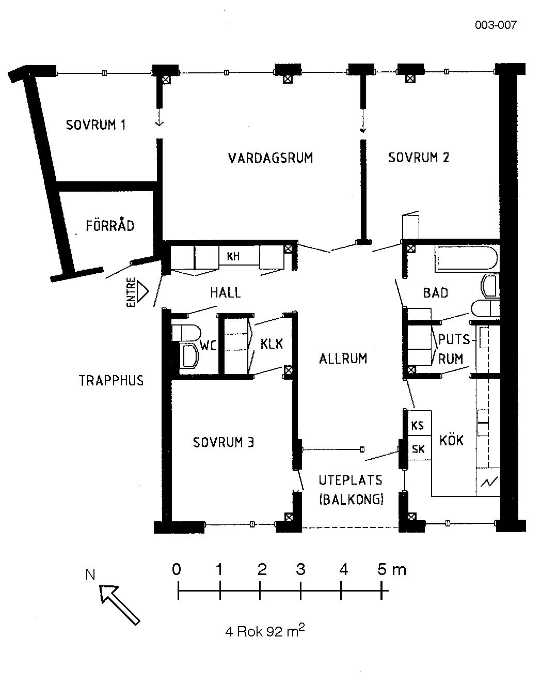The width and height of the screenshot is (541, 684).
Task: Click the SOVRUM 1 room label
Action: click(96, 125)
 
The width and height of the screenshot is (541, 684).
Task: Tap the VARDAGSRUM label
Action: click(270, 158)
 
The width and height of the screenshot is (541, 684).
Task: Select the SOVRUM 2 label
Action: click(418, 158)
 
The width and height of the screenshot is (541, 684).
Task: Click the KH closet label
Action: click(233, 256)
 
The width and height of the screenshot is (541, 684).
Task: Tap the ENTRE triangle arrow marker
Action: click(142, 292)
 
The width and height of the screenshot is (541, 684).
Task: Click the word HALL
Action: click(225, 292)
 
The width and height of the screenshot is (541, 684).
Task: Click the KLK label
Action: click(272, 344)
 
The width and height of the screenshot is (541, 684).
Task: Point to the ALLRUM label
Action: click(343, 359)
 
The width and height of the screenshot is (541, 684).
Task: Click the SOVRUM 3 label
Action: click(224, 442)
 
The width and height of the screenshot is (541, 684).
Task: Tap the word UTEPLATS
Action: click(351, 480)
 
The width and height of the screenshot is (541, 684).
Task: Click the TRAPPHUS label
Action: click(111, 380)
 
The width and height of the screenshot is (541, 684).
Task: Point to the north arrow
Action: click(120, 605)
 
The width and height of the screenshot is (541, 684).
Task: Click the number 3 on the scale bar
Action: click(300, 570)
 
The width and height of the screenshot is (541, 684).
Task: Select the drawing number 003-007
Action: click(496, 25)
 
